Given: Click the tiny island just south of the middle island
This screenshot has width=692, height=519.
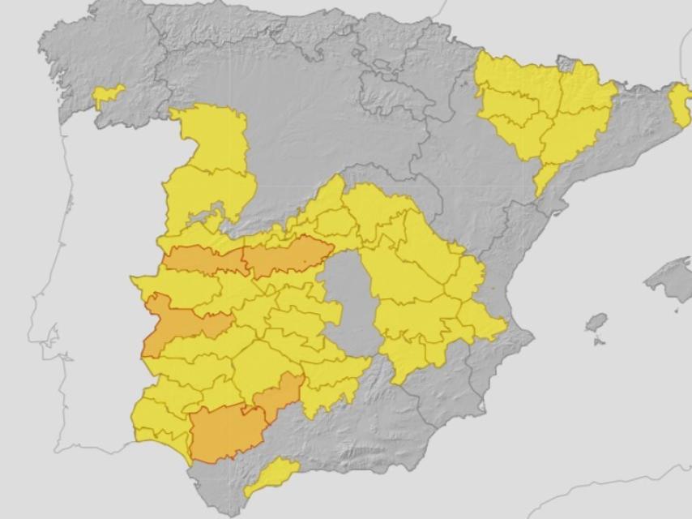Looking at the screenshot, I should point(598,341).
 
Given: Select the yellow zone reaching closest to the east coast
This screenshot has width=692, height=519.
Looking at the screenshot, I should point(484,320).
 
